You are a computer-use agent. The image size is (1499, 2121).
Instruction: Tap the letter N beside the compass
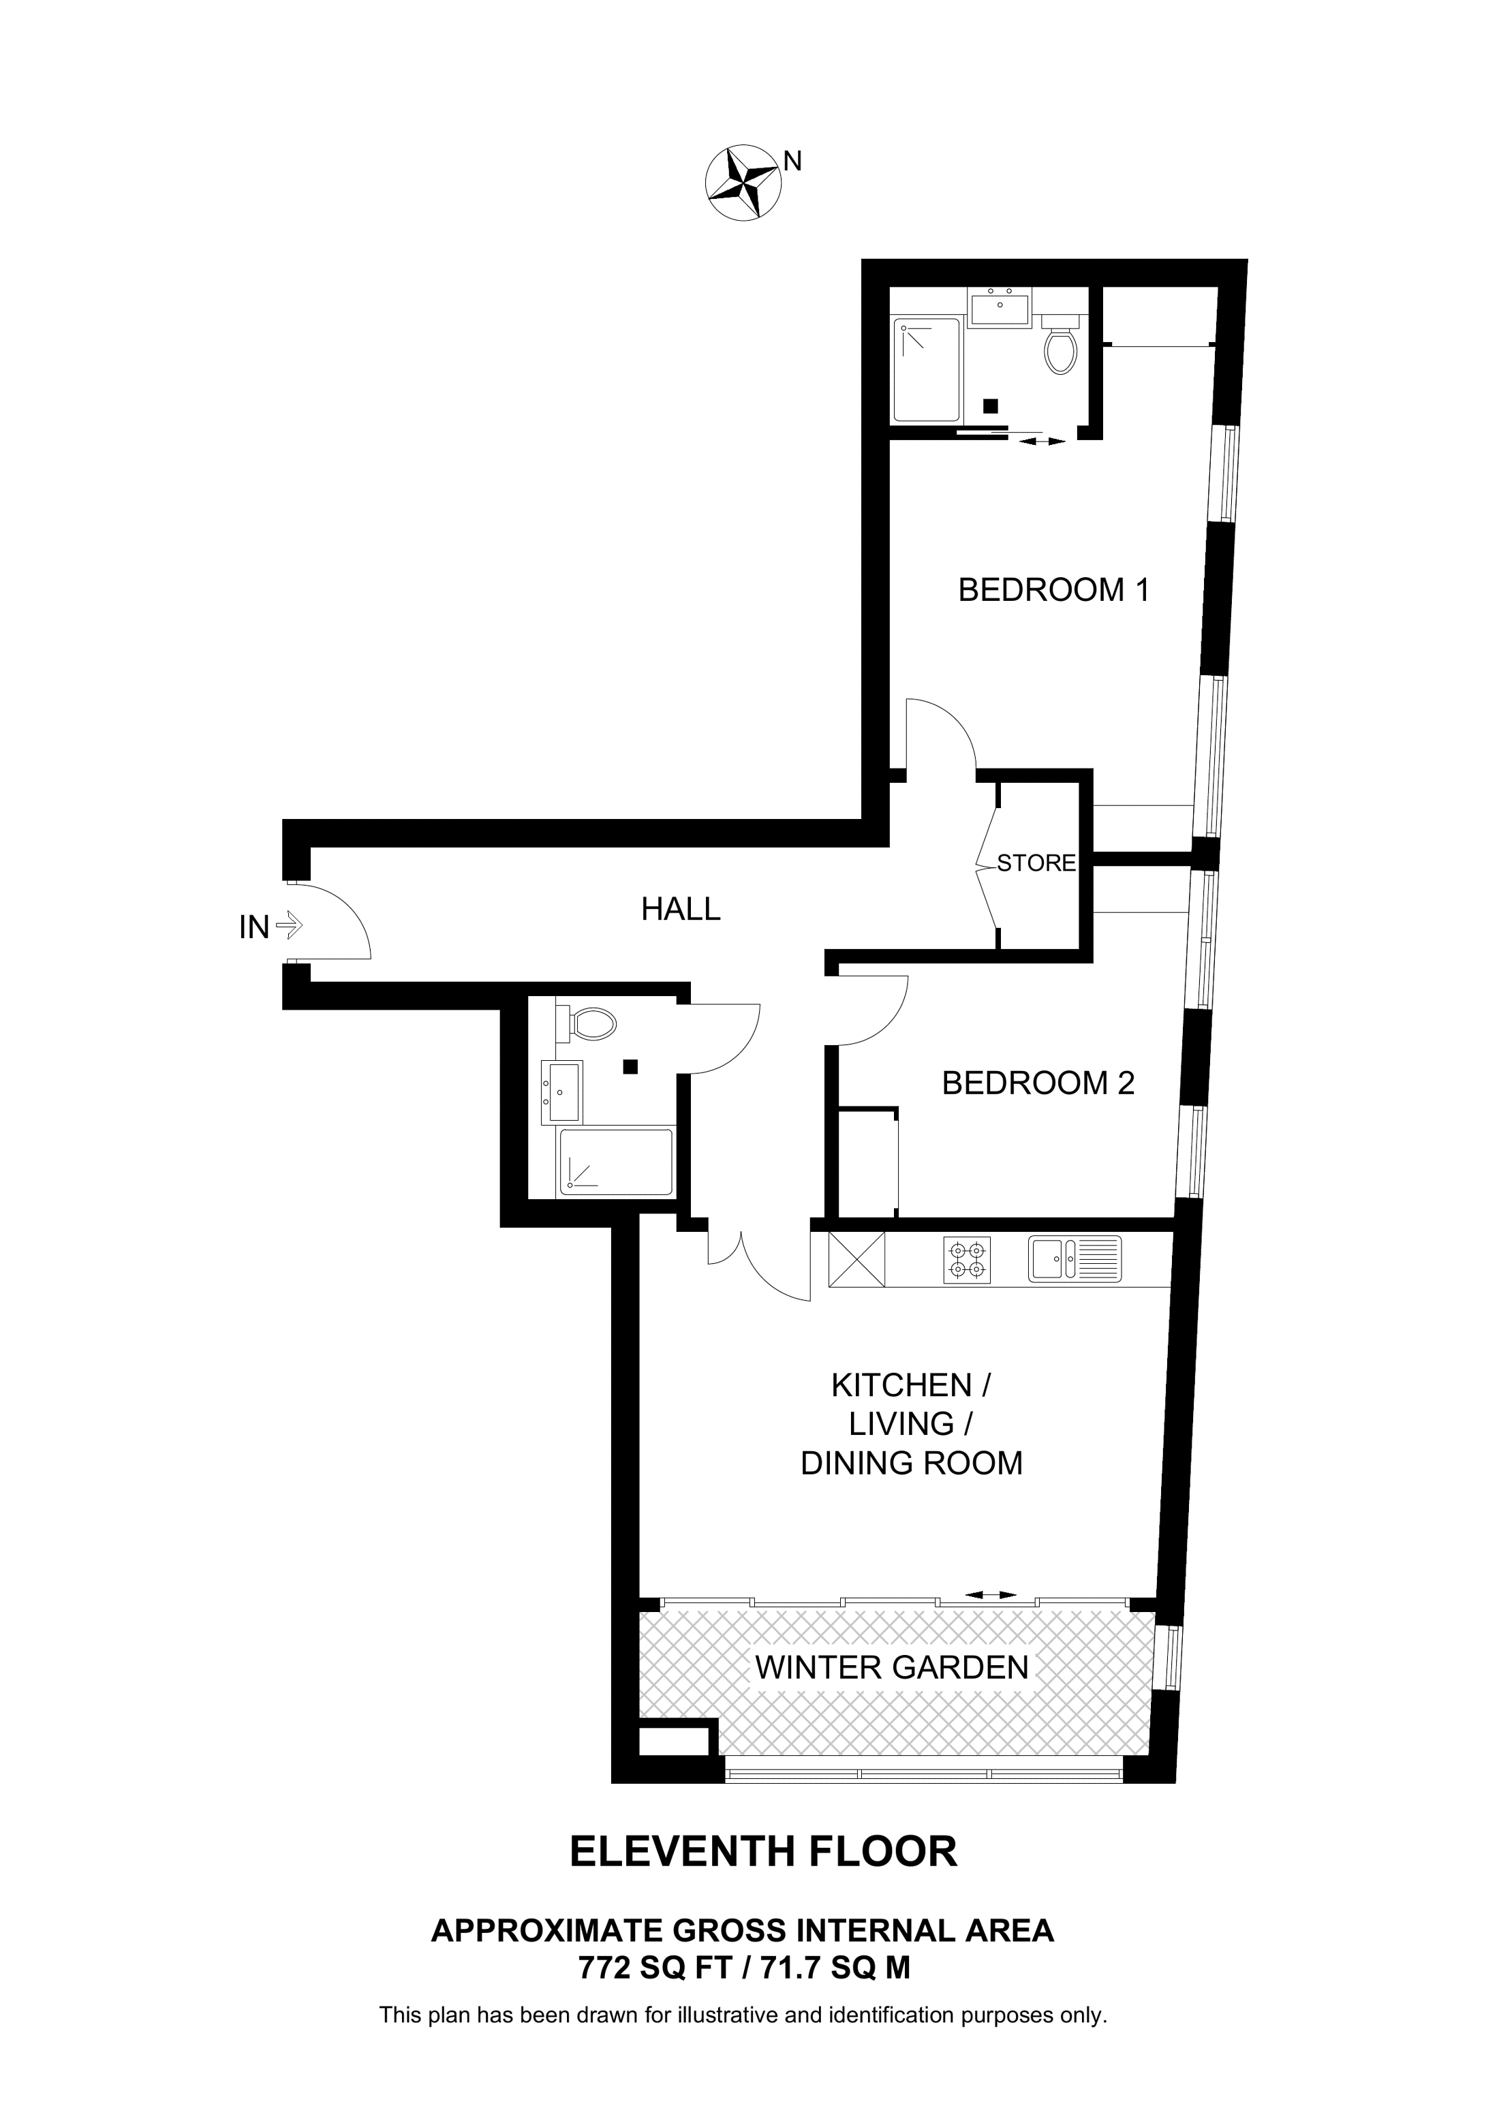[x=792, y=161]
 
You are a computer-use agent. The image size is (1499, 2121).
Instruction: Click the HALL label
[x=681, y=909]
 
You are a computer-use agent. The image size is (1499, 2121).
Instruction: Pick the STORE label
[x=1036, y=863]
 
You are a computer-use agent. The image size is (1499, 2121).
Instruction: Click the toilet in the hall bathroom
[x=587, y=1023]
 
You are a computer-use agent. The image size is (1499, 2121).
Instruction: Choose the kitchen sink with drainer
[x=1074, y=1259]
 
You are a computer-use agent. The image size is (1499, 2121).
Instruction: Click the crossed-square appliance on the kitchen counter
[x=856, y=1259]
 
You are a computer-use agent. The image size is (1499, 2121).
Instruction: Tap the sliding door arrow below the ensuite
[x=1042, y=442]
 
